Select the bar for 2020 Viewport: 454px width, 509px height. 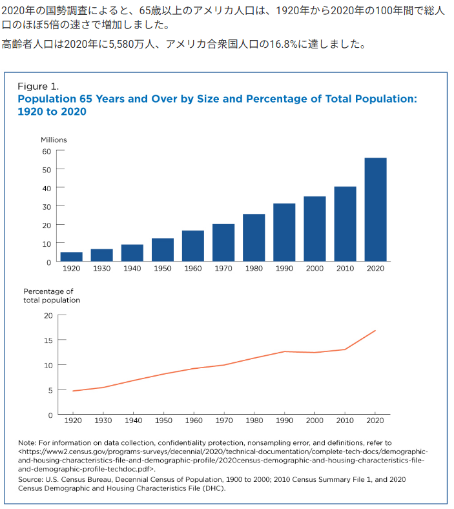pyautogui.click(x=375, y=209)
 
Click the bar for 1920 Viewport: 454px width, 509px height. pyautogui.click(x=72, y=257)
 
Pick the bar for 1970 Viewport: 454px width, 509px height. pyautogui.click(x=223, y=242)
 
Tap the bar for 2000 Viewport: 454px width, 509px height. pyautogui.click(x=315, y=229)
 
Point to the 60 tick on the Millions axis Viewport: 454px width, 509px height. pyautogui.click(x=60, y=151)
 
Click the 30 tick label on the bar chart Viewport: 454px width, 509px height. pyautogui.click(x=46, y=207)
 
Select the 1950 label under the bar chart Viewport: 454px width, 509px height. pyautogui.click(x=163, y=269)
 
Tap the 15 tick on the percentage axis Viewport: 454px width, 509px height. pyautogui.click(x=62, y=340)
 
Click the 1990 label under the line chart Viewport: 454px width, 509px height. pyautogui.click(x=284, y=421)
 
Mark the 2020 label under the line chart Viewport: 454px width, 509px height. pyautogui.click(x=375, y=421)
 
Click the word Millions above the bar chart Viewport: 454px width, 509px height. pyautogui.click(x=54, y=140)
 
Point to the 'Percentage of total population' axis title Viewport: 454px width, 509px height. pyautogui.click(x=52, y=296)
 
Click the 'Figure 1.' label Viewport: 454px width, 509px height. pyautogui.click(x=38, y=87)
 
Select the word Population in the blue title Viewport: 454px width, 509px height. pyautogui.click(x=46, y=99)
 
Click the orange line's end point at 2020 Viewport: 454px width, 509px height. pyautogui.click(x=375, y=331)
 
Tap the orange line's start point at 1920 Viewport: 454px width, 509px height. pyautogui.click(x=73, y=391)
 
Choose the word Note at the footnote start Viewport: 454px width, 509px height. pyautogui.click(x=26, y=442)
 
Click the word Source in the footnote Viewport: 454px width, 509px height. pyautogui.click(x=30, y=479)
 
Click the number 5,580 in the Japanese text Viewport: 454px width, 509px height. pyautogui.click(x=121, y=44)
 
